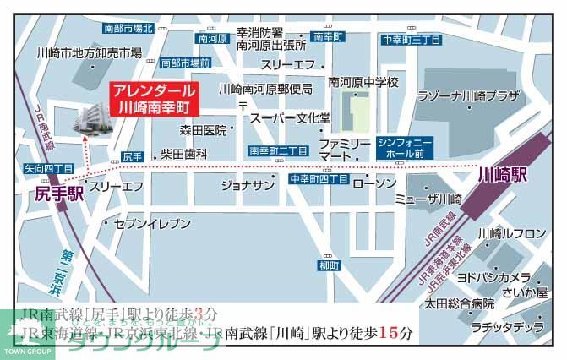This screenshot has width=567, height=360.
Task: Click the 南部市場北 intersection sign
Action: point(128,28)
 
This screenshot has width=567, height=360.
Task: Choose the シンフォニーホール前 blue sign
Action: point(406,149)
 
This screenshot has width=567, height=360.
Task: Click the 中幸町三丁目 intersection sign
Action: point(411,40)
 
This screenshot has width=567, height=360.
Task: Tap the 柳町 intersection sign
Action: point(329,266)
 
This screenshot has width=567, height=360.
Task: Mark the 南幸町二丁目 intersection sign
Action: point(278,151)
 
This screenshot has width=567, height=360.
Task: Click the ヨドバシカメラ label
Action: point(493,277)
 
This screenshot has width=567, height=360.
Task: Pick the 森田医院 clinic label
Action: point(204,130)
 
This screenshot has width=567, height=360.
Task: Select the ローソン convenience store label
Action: point(374,183)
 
